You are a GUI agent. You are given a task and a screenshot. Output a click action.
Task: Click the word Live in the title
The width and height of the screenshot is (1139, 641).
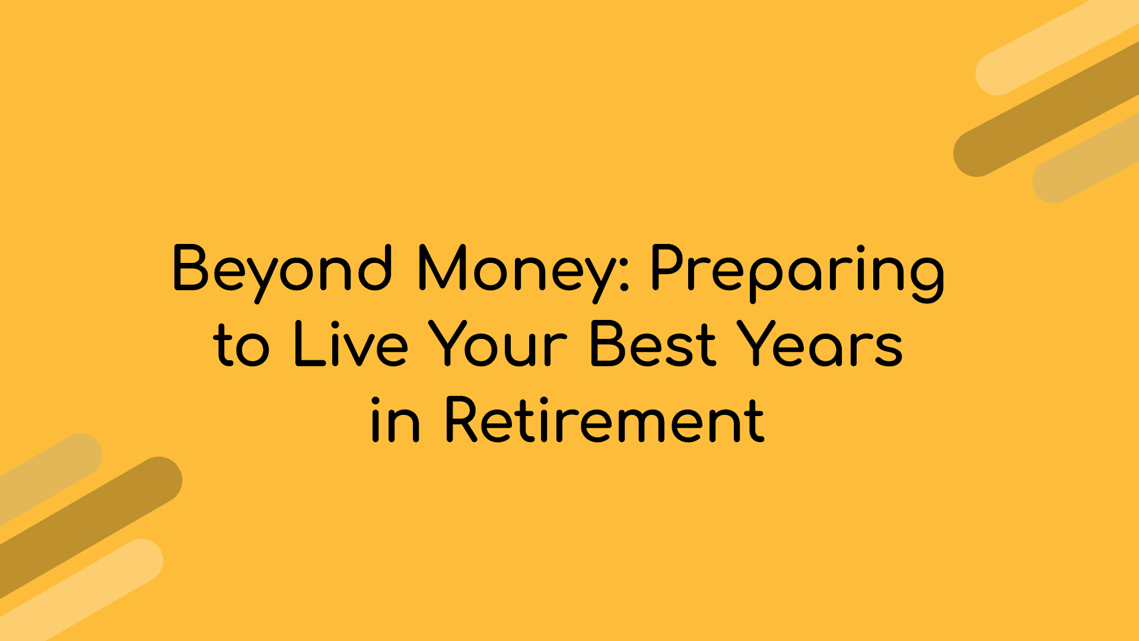tap(351, 344)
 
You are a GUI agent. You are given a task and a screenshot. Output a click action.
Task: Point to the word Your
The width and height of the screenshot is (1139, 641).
tap(498, 344)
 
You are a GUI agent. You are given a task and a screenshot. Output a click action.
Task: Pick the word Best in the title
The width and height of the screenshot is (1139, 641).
tap(653, 344)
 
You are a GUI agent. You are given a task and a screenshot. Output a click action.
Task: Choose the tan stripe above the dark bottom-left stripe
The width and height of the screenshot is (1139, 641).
tap(47, 475)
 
